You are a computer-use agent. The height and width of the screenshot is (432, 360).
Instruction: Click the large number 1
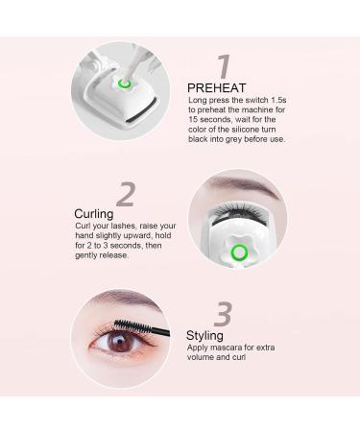pyautogui.click(x=223, y=66)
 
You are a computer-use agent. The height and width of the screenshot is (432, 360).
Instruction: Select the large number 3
pyautogui.click(x=222, y=313)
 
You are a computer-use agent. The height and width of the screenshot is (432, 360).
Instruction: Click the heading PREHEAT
pyautogui.click(x=217, y=88)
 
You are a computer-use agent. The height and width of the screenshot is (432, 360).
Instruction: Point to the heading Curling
pyautogui.click(x=93, y=213)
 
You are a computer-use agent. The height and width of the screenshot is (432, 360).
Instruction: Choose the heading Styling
pyautogui.click(x=205, y=336)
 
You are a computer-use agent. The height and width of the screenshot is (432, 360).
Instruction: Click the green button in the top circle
pyautogui.click(x=124, y=84)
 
